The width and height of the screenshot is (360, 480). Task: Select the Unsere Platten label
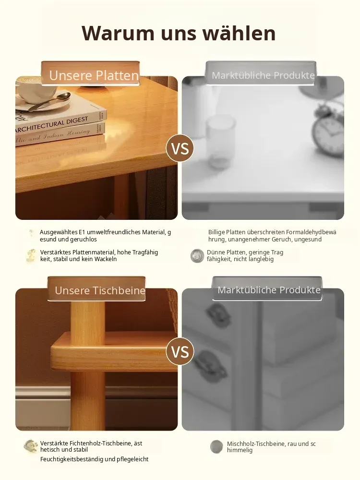click(94, 75)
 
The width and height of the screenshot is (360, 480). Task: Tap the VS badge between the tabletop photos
click(180, 148)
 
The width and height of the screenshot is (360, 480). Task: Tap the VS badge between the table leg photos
click(180, 351)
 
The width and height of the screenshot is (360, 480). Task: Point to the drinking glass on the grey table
click(220, 143)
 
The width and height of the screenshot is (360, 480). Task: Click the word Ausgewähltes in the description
click(59, 232)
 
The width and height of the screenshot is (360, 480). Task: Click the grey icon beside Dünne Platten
click(197, 256)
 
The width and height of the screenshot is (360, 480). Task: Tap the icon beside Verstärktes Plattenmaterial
click(31, 256)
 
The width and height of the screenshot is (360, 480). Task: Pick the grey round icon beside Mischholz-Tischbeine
click(217, 446)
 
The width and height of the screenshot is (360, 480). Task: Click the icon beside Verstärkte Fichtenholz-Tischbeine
click(31, 446)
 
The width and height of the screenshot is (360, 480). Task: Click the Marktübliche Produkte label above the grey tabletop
click(263, 75)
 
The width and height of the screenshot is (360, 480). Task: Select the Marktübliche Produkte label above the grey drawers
click(269, 290)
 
